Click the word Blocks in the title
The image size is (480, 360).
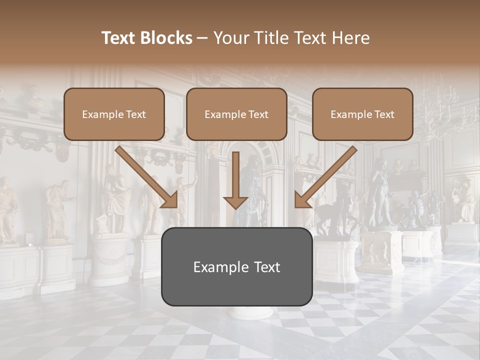coord(166,38)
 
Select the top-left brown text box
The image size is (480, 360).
coord(114,114)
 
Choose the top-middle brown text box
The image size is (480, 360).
coord(236,114)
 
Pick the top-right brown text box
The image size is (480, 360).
coord(362,114)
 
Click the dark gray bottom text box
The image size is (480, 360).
coord(236,266)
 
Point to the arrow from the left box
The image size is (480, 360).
coord(145,175)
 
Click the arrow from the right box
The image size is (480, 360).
coord(327,175)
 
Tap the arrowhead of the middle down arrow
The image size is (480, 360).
coord(236,202)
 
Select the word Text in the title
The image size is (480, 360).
coord(120,38)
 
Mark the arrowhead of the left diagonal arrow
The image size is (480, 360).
coord(170,200)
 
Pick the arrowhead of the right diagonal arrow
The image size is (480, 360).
coord(302,200)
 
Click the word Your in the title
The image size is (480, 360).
coord(229,38)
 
